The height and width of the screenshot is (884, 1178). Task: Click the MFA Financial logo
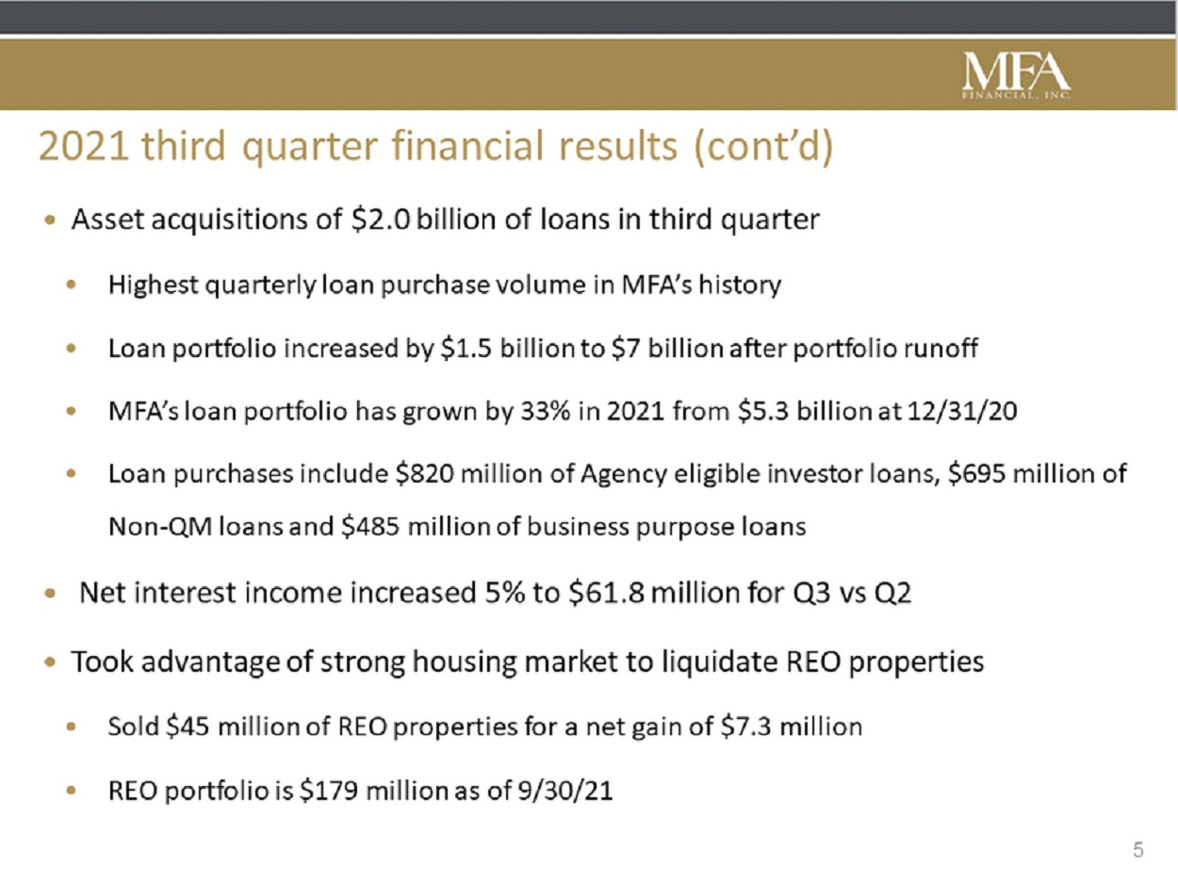(1017, 74)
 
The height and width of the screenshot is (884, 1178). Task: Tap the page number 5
(1137, 850)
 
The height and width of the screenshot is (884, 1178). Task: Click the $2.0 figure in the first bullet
(381, 219)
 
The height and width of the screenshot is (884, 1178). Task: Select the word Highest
(154, 284)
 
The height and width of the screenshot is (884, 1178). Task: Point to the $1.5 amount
(466, 348)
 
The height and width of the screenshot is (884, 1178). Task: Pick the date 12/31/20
(962, 411)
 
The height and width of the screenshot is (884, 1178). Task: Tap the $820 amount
(424, 473)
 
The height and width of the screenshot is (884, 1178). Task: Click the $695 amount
(976, 473)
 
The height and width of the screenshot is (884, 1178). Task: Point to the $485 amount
(370, 526)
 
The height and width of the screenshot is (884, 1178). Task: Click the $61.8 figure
(606, 593)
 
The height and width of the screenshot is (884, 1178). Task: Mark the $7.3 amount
(746, 727)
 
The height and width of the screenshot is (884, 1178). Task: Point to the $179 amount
(329, 790)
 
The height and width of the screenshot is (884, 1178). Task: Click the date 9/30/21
(564, 790)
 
